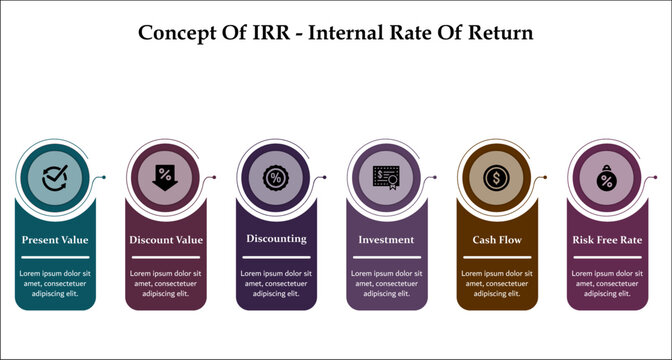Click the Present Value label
[55, 240]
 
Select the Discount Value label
[166, 240]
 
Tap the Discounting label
[276, 240]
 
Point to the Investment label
[386, 240]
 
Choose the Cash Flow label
[496, 240]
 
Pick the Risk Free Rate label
[607, 240]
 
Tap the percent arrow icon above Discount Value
[165, 178]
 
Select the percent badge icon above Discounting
[276, 178]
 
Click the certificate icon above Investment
[386, 178]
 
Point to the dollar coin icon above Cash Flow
[496, 178]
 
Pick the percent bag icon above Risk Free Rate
[607, 180]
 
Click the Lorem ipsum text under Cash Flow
[496, 283]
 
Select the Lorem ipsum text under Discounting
[276, 283]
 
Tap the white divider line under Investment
[386, 257]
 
